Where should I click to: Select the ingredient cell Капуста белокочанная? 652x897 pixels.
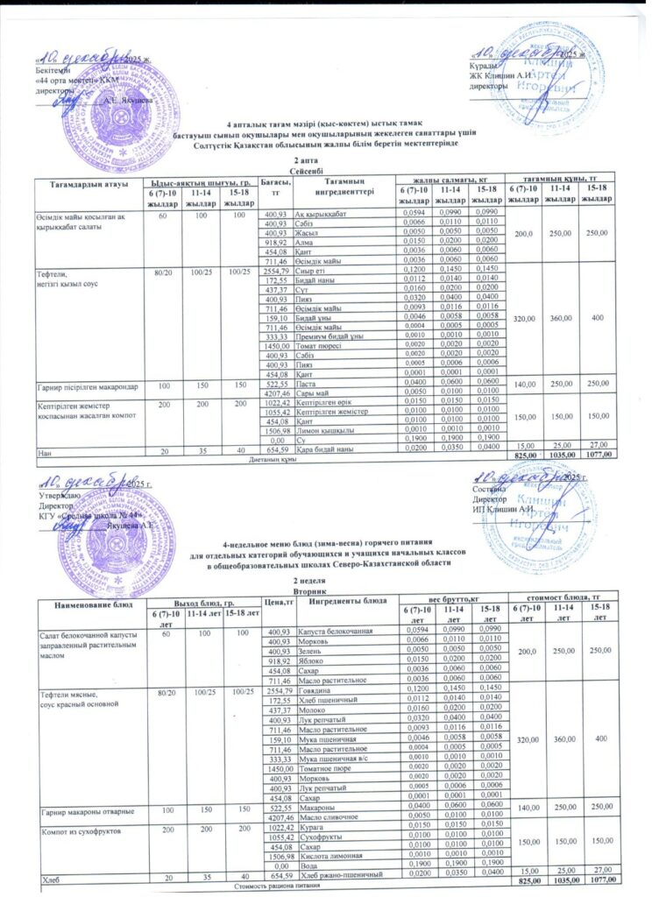pyautogui.click(x=336, y=632)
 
